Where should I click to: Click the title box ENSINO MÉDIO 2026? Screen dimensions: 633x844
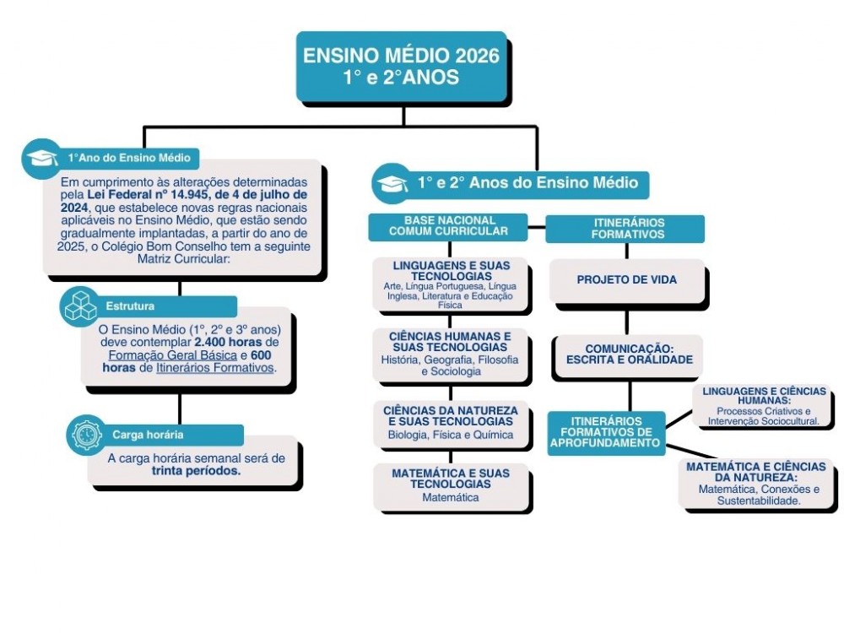(401, 66)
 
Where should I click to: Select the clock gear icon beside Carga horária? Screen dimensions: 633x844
(86, 435)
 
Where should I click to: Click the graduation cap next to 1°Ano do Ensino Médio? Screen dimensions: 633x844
(41, 158)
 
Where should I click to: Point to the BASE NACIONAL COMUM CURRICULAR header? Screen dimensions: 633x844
(448, 225)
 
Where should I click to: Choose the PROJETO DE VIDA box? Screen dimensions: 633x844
(626, 279)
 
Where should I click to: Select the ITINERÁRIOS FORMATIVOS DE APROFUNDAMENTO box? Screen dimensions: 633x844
(606, 432)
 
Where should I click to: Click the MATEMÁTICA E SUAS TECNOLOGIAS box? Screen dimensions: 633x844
(450, 485)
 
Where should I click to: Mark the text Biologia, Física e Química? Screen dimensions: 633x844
(450, 436)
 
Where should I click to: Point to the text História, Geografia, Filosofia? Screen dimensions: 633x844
(450, 360)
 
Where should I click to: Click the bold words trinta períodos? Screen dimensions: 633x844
(196, 472)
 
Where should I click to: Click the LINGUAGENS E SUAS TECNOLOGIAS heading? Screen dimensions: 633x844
(452, 271)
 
